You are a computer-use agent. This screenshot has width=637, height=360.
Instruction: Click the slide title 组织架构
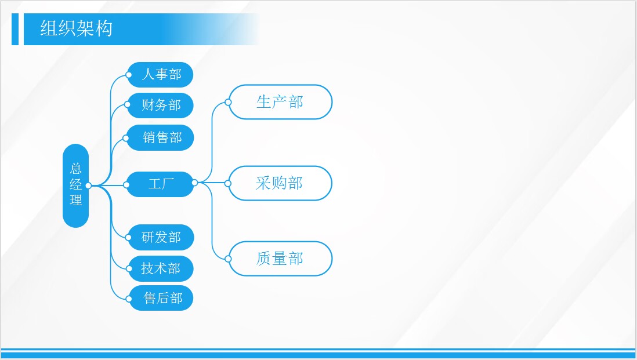(x=77, y=29)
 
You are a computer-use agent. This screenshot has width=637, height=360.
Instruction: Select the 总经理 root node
(x=75, y=186)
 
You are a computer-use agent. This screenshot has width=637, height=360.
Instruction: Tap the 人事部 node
(x=160, y=75)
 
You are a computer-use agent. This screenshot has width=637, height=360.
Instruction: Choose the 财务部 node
(x=160, y=106)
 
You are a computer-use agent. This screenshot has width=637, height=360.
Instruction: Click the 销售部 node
(x=160, y=138)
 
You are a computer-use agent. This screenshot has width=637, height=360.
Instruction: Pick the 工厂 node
(x=160, y=185)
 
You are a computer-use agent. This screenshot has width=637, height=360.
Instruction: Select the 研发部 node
(x=161, y=238)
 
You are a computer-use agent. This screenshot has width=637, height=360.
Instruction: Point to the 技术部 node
(x=161, y=268)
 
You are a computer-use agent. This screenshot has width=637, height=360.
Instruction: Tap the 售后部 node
(x=161, y=299)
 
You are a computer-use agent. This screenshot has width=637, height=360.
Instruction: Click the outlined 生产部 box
(x=280, y=102)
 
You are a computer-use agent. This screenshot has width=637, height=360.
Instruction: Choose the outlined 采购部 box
(x=280, y=183)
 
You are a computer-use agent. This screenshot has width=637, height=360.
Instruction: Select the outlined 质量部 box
(x=280, y=259)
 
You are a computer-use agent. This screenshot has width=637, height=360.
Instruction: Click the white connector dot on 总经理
(x=88, y=186)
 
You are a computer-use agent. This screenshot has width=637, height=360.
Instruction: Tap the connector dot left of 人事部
(x=129, y=75)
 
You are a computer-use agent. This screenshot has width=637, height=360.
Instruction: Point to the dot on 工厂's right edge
(x=194, y=183)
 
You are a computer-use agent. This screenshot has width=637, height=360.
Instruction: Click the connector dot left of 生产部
(x=229, y=102)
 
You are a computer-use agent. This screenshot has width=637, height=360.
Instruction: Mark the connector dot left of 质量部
(x=229, y=259)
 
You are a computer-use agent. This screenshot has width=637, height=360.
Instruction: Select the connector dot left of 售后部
(x=129, y=299)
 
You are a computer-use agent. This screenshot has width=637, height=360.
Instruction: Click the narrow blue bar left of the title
(x=15, y=29)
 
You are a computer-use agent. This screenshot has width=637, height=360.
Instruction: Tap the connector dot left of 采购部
(x=228, y=183)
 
